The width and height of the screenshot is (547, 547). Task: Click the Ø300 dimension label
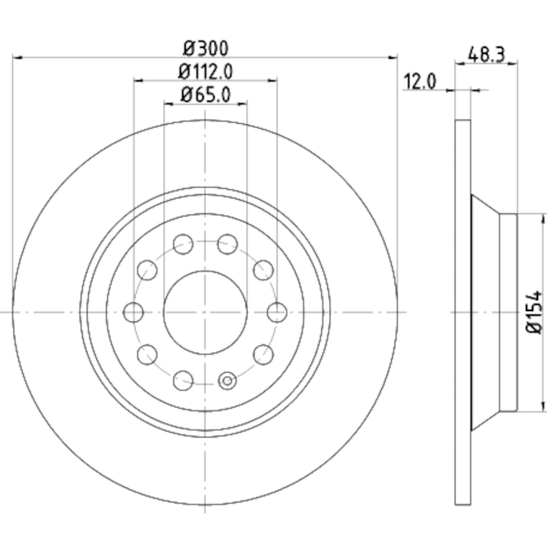206,48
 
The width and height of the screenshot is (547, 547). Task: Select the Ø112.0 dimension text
205,71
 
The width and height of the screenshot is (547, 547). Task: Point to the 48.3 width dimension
486,55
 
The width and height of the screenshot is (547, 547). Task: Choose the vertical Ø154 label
535,312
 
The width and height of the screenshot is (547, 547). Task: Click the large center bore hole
205,313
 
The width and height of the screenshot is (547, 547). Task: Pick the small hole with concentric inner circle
227,381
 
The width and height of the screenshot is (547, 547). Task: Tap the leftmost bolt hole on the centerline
133,313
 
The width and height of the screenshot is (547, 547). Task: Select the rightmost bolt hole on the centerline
277,313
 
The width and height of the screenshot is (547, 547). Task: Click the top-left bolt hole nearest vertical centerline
183,244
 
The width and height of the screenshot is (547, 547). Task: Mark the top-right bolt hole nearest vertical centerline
228,244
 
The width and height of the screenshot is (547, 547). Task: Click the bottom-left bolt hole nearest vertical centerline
183,381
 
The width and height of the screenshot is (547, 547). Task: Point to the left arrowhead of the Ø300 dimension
18,57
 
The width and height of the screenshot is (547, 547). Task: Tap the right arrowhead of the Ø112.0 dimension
272,81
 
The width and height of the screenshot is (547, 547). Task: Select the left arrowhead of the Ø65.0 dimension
169,104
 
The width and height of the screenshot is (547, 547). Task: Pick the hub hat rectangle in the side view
508,313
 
